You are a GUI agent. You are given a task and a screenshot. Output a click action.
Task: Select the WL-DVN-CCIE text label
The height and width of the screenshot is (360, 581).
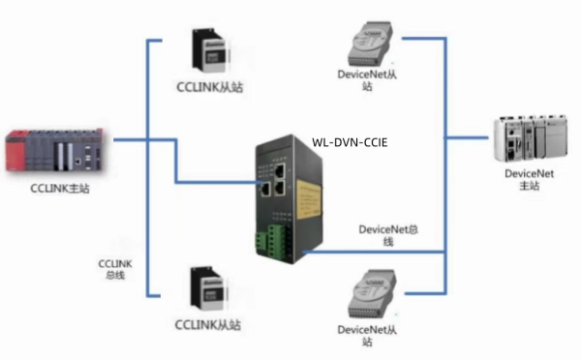(350, 141)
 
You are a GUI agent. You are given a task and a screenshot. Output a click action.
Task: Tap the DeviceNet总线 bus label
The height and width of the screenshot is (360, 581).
(388, 235)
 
